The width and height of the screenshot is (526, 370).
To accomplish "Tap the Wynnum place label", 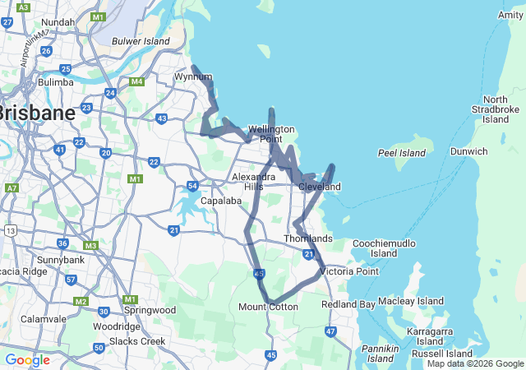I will tap(193, 77).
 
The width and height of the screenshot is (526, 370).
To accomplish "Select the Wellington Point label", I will tap(272, 134).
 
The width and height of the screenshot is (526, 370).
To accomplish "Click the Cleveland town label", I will tap(319, 187).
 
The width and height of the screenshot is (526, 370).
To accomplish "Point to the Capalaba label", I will tap(219, 201).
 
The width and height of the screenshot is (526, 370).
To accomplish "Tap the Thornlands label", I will tap(308, 238).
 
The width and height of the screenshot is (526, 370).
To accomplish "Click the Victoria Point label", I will tap(349, 271).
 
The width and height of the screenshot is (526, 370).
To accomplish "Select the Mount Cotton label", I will tap(268, 307).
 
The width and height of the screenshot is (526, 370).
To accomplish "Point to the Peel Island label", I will tap(401, 153).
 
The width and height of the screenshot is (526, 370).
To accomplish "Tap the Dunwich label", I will tap(468, 151).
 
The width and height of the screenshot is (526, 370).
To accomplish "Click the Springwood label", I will tap(150, 310).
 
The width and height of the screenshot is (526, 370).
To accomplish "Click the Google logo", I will tap(27, 360).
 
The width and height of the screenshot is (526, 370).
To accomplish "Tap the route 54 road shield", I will tap(191, 186).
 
